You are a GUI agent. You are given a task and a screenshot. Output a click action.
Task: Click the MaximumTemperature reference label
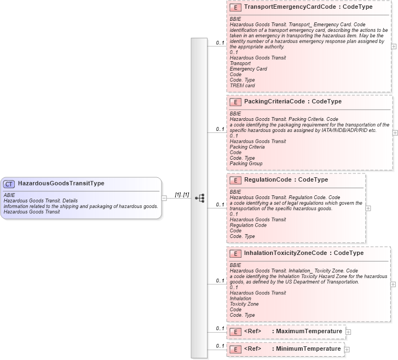tap(309, 331)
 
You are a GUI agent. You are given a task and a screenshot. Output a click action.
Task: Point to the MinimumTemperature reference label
tap(308, 349)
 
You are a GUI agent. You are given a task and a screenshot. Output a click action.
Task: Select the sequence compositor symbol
tap(199, 198)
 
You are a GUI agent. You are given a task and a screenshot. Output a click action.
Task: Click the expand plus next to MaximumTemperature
tap(348, 332)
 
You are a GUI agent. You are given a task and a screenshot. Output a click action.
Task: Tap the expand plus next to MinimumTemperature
tap(347, 349)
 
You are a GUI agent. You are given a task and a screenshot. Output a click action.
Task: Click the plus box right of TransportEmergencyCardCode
tap(394, 47)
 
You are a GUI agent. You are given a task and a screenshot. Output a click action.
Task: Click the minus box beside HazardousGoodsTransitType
tap(164, 198)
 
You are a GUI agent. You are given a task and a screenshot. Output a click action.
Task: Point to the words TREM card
tap(242, 85)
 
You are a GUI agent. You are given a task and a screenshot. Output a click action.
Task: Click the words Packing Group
tap(246, 164)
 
